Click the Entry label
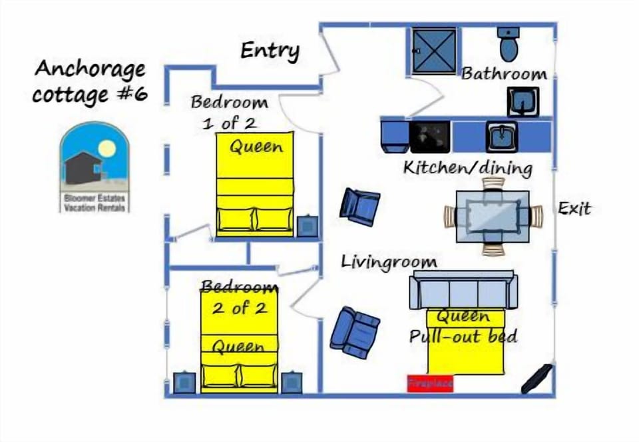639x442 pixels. [x=270, y=51]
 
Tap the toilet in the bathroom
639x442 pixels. [x=509, y=43]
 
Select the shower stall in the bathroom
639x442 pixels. [x=434, y=51]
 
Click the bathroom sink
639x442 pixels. [x=523, y=102]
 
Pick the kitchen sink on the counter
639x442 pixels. [x=501, y=136]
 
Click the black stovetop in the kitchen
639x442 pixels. [x=429, y=137]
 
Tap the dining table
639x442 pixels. [x=493, y=216]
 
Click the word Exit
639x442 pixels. [x=574, y=209]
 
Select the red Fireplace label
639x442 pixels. [x=430, y=383]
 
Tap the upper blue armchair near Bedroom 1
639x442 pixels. [x=359, y=206]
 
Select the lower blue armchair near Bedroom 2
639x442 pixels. [x=355, y=331]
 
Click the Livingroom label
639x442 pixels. [x=389, y=262]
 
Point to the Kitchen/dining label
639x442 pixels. [x=467, y=167]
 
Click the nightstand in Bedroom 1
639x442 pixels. [x=307, y=226]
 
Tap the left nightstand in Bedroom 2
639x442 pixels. [x=184, y=383]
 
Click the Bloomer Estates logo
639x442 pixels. [x=94, y=167]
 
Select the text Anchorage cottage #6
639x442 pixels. [x=90, y=81]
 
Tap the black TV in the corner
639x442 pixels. [x=536, y=379]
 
